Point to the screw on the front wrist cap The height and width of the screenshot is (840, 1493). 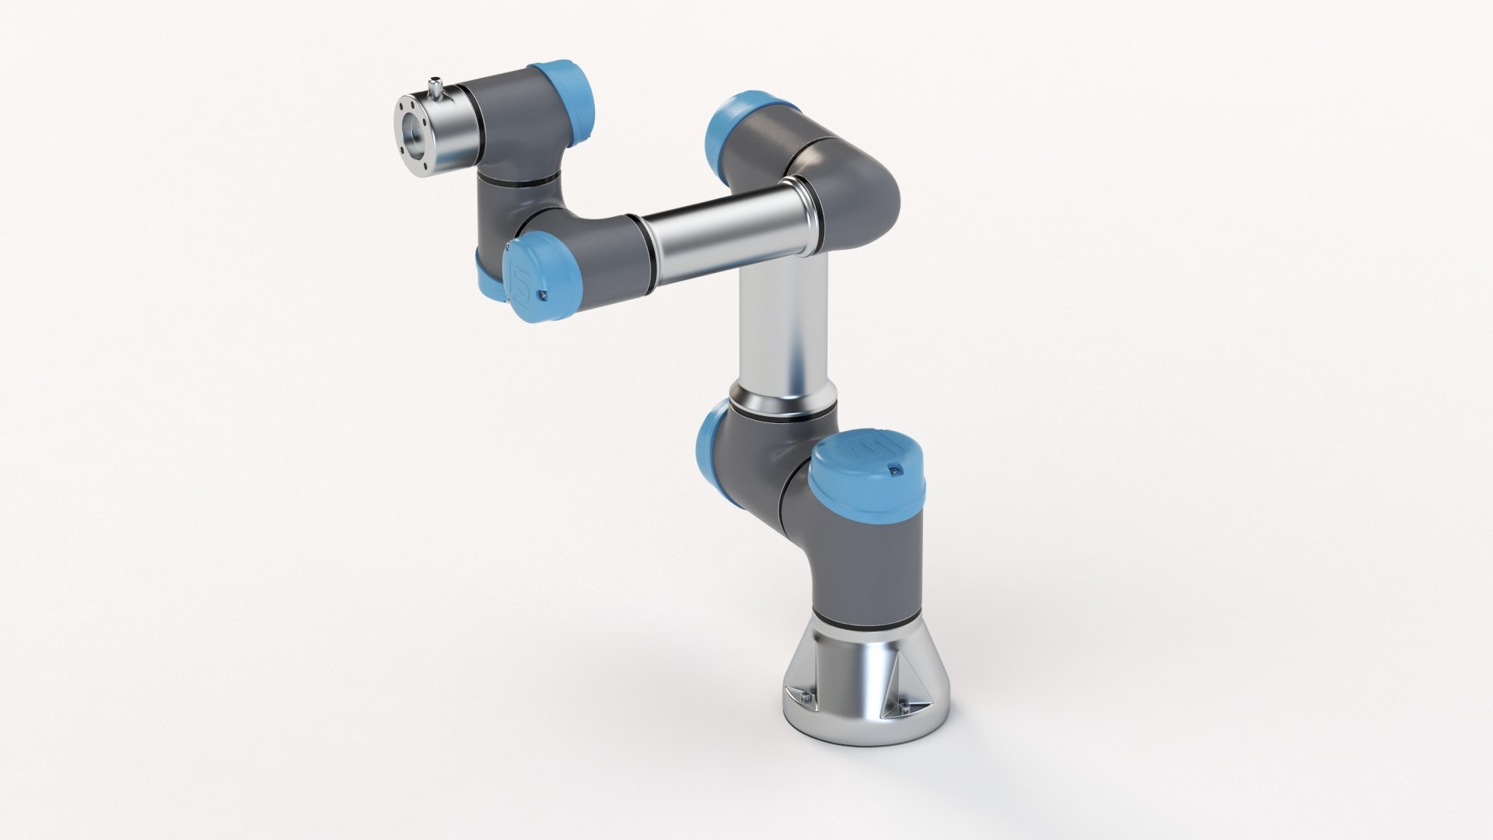click(x=543, y=295)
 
